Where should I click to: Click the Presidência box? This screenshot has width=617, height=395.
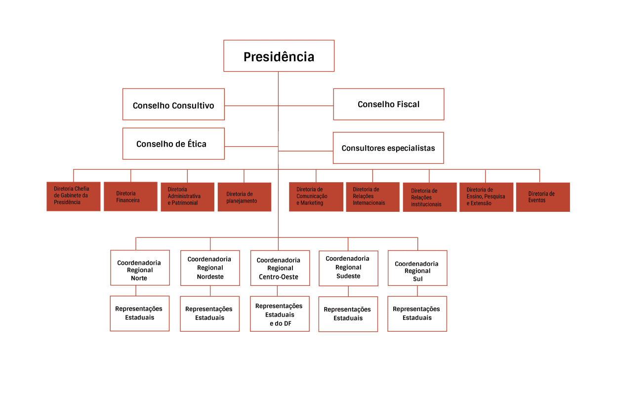pyautogui.click(x=279, y=56)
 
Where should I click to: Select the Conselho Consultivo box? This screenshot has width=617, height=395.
pyautogui.click(x=173, y=104)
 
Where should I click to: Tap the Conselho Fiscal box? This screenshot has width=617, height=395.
pyautogui.click(x=388, y=104)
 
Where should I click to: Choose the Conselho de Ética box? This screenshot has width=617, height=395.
pyautogui.click(x=173, y=144)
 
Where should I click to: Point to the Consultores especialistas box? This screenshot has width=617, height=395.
pyautogui.click(x=388, y=148)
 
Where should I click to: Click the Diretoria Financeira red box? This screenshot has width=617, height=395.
pyautogui.click(x=130, y=197)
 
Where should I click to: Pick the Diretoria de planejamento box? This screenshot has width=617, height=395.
pyautogui.click(x=244, y=197)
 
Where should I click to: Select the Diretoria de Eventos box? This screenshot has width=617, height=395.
pyautogui.click(x=542, y=197)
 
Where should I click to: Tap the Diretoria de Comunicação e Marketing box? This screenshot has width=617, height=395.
pyautogui.click(x=316, y=197)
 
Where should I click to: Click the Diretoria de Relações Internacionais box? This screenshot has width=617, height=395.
pyautogui.click(x=372, y=197)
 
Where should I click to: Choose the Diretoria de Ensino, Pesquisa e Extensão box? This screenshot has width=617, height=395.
pyautogui.click(x=486, y=197)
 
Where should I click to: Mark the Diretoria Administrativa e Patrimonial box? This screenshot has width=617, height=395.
pyautogui.click(x=187, y=197)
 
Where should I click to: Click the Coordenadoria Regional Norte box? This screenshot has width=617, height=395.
pyautogui.click(x=139, y=268)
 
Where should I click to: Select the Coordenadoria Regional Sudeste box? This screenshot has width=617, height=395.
pyautogui.click(x=348, y=268)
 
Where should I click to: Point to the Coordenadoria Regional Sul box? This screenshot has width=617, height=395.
pyautogui.click(x=417, y=268)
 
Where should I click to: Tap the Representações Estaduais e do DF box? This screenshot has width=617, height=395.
pyautogui.click(x=280, y=314)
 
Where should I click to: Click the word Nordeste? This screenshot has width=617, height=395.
pyautogui.click(x=210, y=277)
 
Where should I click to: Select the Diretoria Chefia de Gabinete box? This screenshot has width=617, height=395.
pyautogui.click(x=73, y=196)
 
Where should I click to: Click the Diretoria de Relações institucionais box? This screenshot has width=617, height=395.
pyautogui.click(x=429, y=197)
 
